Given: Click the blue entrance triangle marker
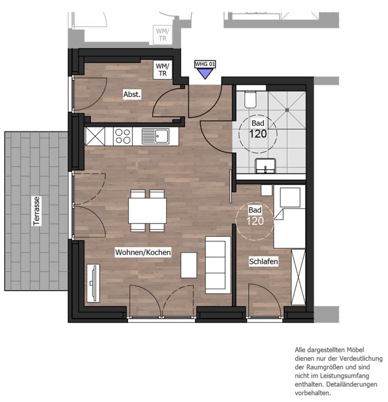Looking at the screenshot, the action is click(205, 74).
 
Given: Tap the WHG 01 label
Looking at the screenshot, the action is click(205, 64).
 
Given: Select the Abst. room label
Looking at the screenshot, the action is click(132, 94).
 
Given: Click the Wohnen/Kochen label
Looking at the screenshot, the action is click(143, 252).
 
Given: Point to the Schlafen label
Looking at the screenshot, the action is click(263, 262).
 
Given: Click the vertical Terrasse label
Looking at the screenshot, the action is click(37, 211).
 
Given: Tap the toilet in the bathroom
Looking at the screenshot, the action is click(250, 99).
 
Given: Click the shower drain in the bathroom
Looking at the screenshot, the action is click(287, 110).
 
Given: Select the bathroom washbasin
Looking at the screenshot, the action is click(266, 166).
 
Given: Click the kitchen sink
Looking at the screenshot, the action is click(156, 136).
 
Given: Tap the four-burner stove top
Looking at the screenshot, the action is click(122, 136).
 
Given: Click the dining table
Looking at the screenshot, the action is click(147, 211).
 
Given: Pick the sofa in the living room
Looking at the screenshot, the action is click(218, 265).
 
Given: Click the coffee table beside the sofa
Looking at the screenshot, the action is click(189, 265).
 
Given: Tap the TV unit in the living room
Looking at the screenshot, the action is click(93, 283).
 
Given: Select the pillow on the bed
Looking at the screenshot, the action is click(290, 197).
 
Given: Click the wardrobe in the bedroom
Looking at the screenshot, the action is click(298, 277).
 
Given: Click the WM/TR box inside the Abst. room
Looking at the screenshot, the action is click(162, 70).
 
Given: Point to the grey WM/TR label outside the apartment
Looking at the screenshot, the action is click(162, 34).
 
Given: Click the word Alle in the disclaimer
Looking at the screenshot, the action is click(300, 350).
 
